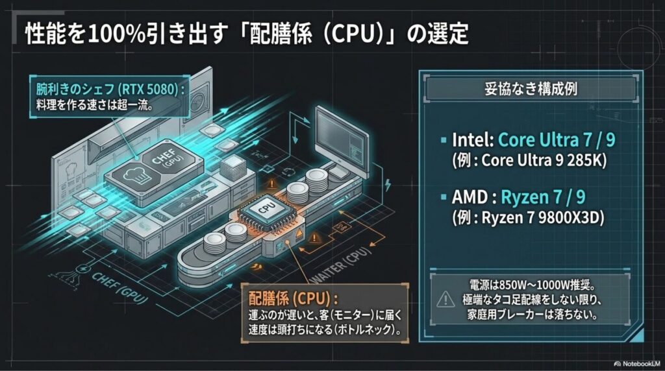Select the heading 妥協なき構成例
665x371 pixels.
click(531, 90)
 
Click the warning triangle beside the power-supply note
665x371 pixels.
click(445, 299)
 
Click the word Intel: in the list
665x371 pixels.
click(473, 139)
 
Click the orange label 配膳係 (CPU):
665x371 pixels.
click(293, 298)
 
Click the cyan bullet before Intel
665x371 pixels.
click(444, 139)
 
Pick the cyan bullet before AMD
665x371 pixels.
click(444, 197)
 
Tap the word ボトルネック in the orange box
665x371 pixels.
click(365, 330)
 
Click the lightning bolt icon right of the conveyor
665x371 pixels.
click(387, 185)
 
